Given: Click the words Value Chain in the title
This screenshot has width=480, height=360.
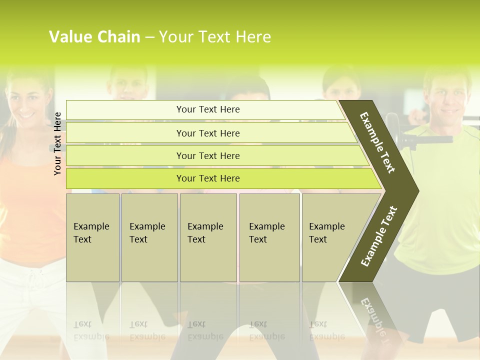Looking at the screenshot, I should [94, 37].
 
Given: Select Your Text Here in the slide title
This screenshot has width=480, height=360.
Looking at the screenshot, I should [215, 37].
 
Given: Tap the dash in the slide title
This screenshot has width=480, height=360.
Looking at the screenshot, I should [149, 37].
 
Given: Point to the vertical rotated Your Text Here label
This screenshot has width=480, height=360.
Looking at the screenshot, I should [58, 143].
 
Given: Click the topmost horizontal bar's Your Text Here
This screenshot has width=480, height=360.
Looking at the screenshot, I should [208, 109].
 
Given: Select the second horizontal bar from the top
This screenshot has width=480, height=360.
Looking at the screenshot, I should [208, 133].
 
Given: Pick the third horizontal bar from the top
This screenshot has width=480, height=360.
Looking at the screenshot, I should [208, 155].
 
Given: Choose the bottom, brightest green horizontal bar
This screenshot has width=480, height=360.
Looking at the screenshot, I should [208, 178].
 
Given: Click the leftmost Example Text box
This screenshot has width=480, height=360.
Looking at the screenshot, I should [92, 237].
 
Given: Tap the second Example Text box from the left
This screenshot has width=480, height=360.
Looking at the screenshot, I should [149, 237].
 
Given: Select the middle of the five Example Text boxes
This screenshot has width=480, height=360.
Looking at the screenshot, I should [207, 237].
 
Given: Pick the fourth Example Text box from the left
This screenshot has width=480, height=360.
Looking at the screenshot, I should [269, 237].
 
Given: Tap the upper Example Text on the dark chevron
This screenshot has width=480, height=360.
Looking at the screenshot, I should [378, 142].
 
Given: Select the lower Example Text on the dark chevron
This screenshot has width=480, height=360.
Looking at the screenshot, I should [379, 236].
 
